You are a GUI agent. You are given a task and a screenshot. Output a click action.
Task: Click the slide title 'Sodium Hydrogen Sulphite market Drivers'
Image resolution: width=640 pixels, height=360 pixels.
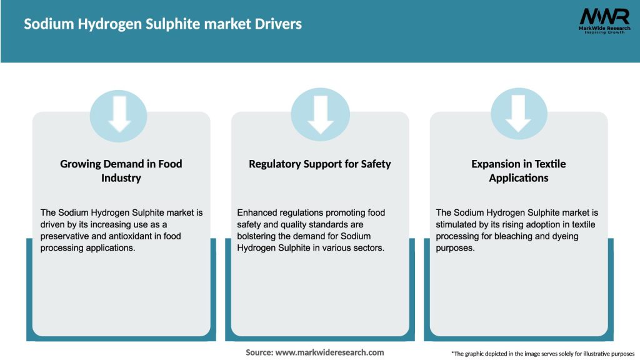pos(162,24)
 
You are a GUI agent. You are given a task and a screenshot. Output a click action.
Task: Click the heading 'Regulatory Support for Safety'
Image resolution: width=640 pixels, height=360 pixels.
pos(320,164)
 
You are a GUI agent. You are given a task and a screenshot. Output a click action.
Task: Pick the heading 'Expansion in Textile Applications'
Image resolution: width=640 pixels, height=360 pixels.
pos(519,171)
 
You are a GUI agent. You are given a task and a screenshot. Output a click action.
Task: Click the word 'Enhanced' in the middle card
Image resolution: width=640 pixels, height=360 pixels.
pos(257,212)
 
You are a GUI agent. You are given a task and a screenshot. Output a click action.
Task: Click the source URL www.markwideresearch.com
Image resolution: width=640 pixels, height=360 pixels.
pos(329,352)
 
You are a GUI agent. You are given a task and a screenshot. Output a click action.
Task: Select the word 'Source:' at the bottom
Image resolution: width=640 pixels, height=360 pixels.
pos(259,352)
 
